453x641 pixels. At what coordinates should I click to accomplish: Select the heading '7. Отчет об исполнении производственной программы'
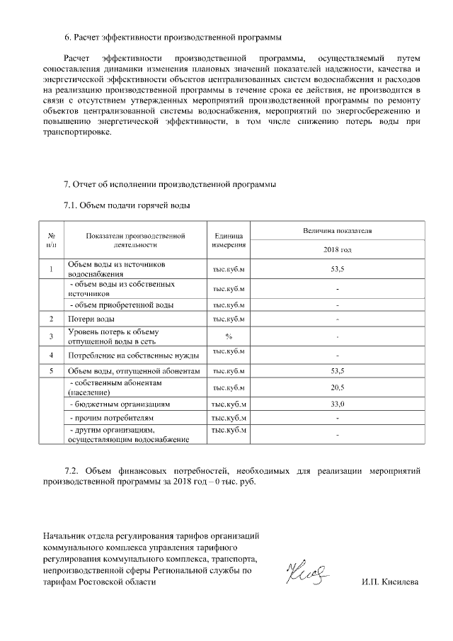(x=170, y=185)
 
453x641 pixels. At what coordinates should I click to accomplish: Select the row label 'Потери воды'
(x=86, y=319)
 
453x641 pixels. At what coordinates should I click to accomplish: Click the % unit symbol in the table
(x=229, y=336)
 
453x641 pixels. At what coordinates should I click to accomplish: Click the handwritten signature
(x=306, y=573)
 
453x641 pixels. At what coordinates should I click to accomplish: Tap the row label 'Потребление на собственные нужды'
(x=132, y=355)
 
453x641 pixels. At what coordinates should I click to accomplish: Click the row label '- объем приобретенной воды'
(x=121, y=305)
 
